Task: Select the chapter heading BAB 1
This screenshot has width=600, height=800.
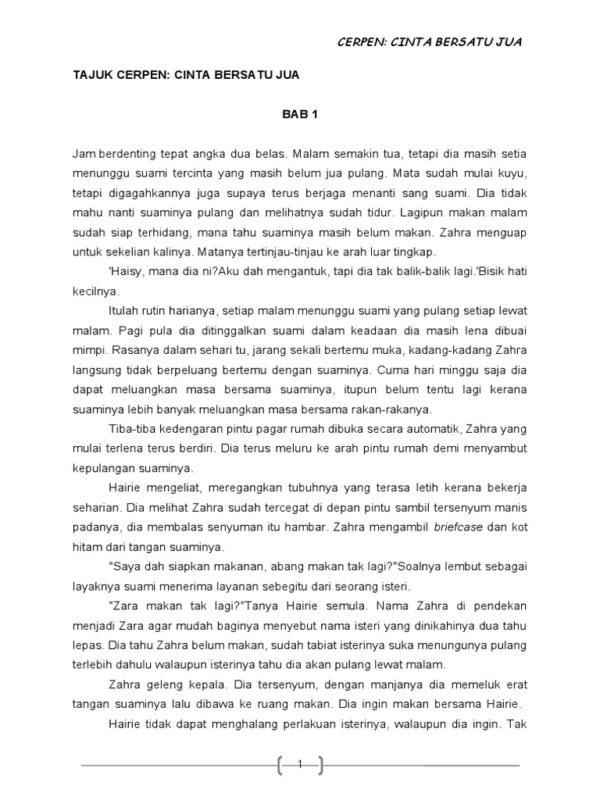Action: point(299,114)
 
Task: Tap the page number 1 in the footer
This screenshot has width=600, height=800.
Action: point(300,766)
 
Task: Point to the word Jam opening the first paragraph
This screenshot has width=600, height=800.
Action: point(82,152)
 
